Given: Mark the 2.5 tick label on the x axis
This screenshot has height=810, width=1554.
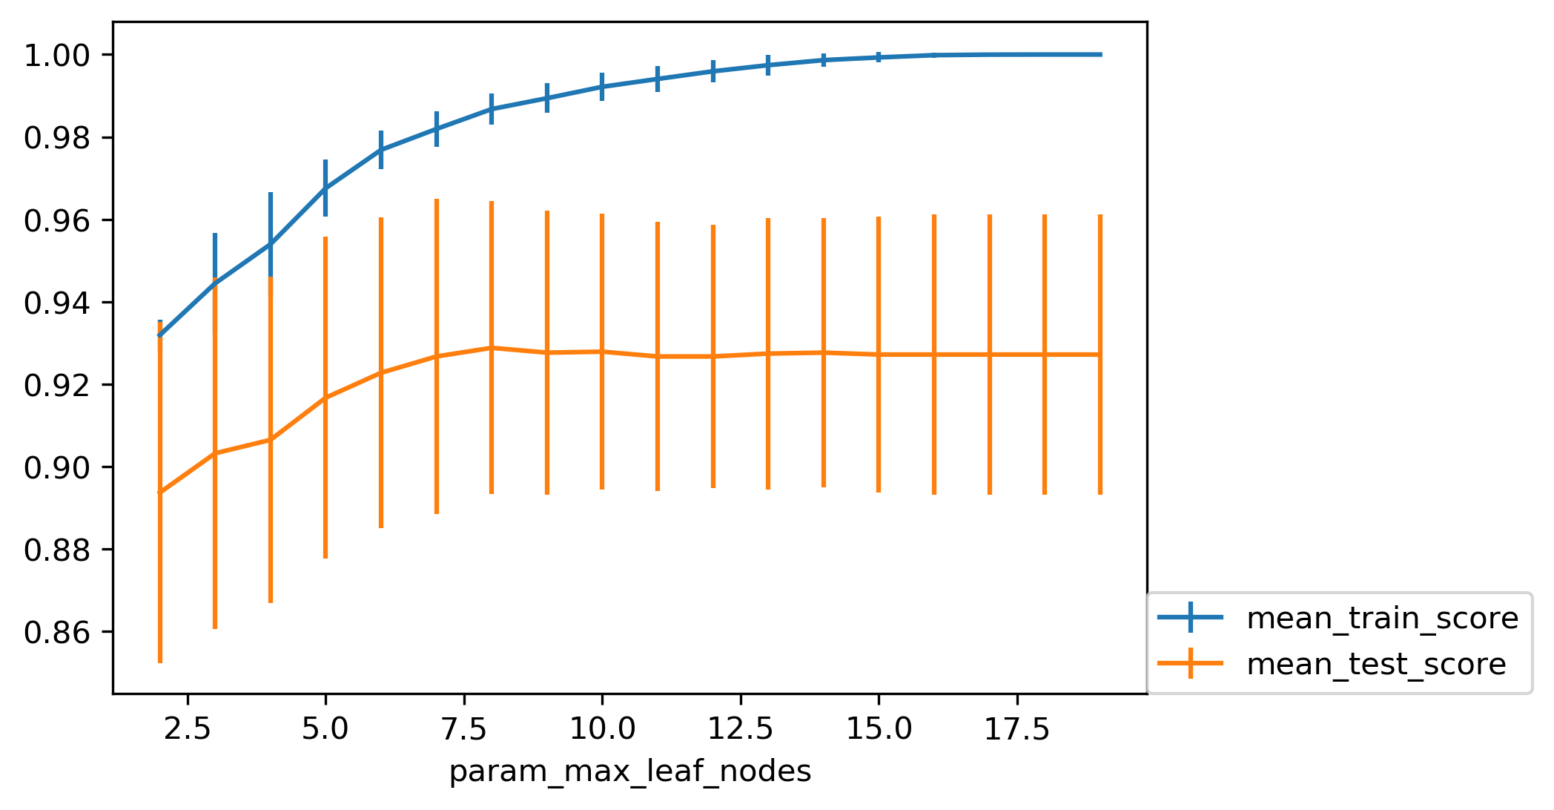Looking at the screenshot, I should pos(187,731).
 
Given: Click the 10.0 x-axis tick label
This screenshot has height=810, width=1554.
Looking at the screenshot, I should pos(602,731).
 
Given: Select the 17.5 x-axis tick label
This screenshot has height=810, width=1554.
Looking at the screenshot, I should pos(1016,731).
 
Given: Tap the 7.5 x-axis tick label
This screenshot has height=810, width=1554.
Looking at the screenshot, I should pos(463,731).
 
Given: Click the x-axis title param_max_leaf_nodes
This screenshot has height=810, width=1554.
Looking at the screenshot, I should pos(630,772).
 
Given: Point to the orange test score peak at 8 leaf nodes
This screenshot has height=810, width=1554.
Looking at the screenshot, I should pos(492,348).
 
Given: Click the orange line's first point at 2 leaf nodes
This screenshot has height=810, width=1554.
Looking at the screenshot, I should pos(160,492).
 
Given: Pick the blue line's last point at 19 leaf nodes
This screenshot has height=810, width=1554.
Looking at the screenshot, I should pos(1100,54).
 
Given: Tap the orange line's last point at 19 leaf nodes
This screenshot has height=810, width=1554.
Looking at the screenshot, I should pos(1100,355).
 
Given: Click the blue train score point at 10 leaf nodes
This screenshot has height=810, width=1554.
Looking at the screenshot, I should pos(602,87).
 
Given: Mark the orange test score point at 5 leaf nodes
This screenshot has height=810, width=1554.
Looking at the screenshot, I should pos(325,398).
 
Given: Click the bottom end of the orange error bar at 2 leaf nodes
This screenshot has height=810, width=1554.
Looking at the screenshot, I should pos(160,662).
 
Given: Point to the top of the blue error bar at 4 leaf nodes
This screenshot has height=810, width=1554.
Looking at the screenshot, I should pos(271,194).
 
